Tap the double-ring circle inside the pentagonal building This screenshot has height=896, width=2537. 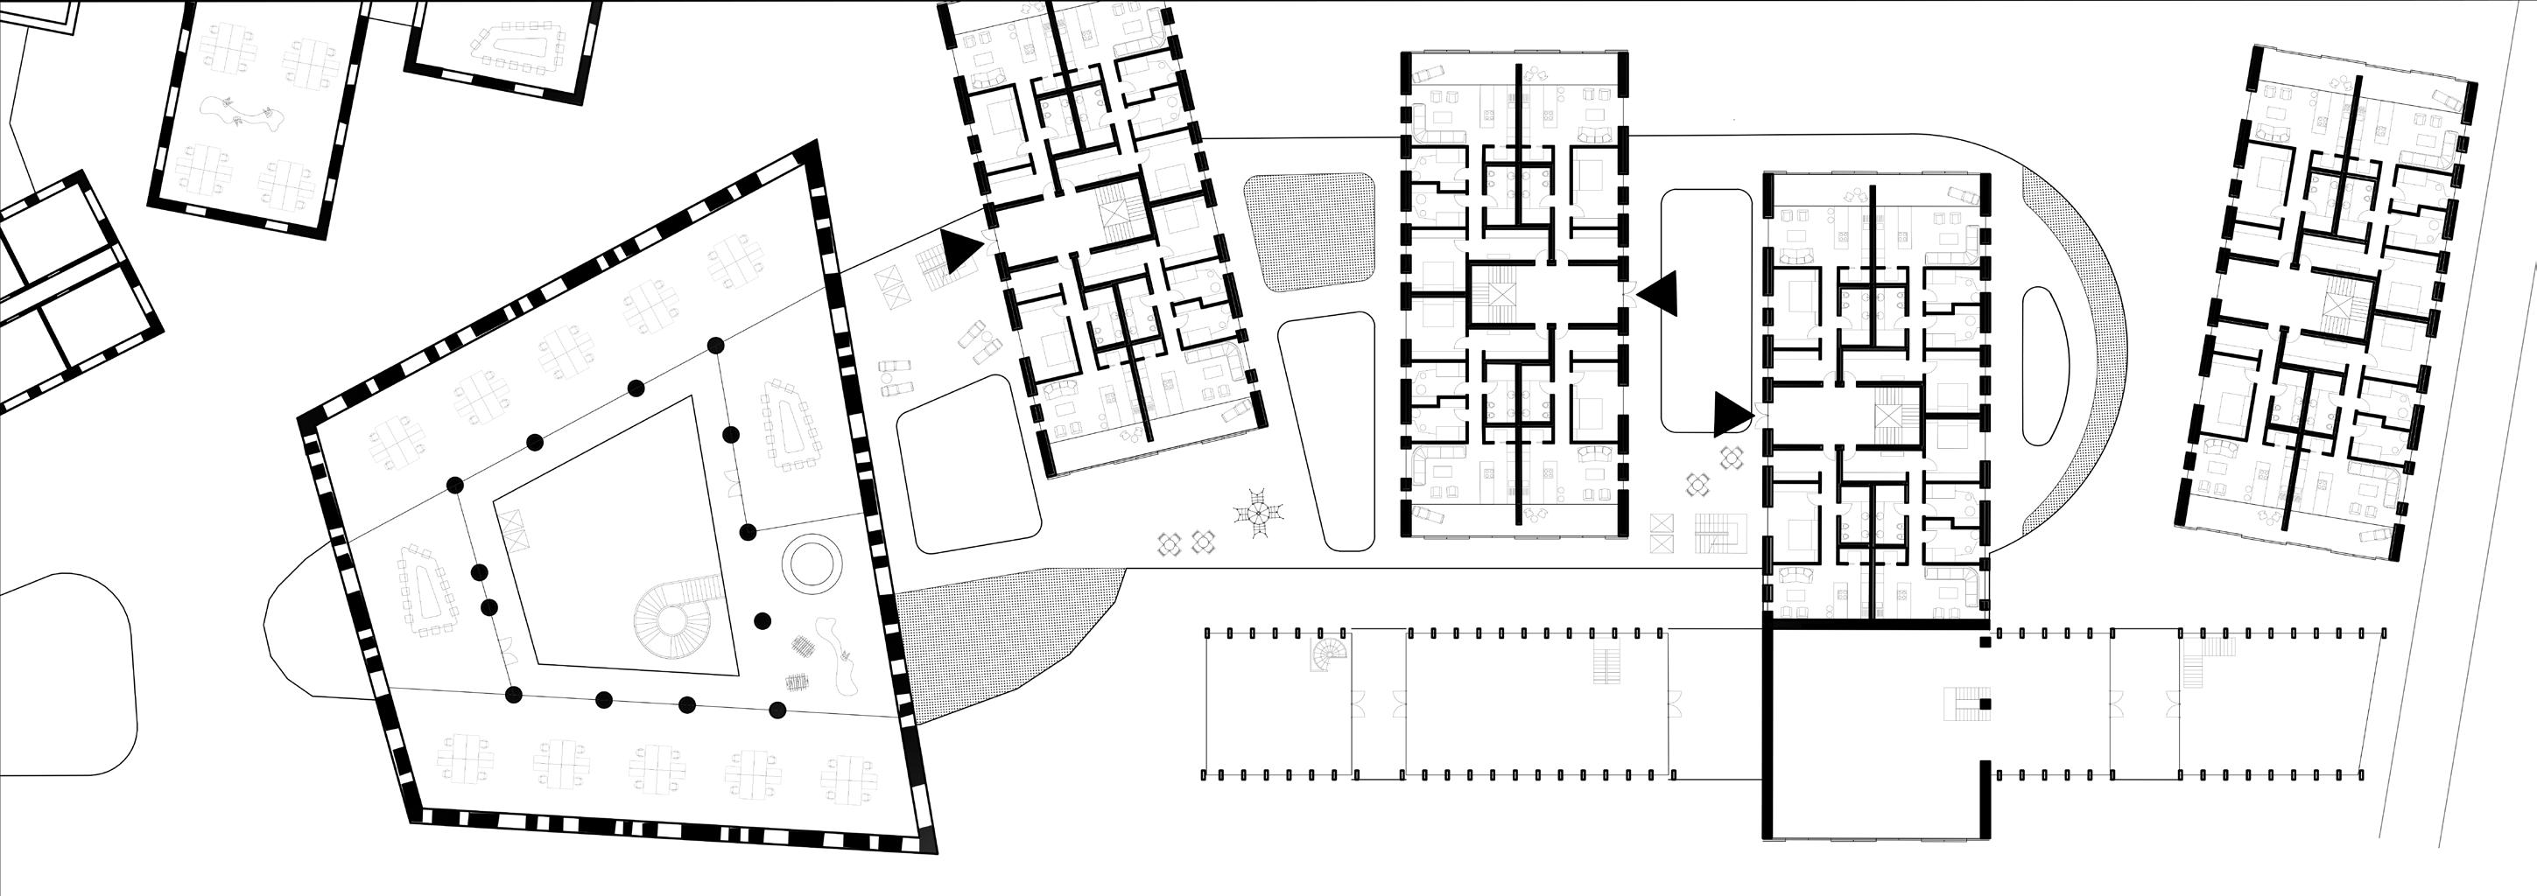tap(812, 563)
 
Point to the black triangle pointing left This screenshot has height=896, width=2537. tap(1660, 294)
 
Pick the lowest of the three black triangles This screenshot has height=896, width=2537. tap(1732, 415)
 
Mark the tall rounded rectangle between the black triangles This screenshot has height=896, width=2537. tap(1705, 310)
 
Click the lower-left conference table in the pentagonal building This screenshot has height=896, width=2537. tap(426, 591)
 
